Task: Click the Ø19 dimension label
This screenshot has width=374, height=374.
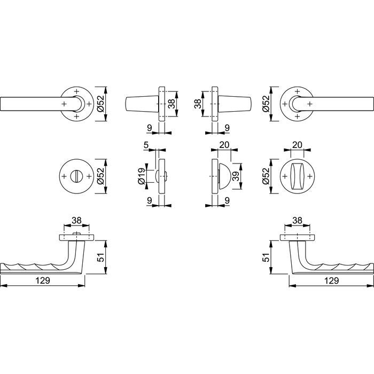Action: [x=141, y=176]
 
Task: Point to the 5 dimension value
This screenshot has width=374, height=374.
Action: [x=146, y=145]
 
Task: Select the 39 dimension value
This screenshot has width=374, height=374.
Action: [x=236, y=176]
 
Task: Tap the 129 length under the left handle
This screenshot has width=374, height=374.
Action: [x=43, y=280]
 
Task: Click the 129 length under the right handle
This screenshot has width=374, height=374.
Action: [x=332, y=280]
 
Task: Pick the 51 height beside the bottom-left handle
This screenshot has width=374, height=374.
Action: [x=101, y=257]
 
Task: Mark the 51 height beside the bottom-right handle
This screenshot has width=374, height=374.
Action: [x=266, y=257]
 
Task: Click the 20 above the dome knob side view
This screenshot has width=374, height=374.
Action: [x=224, y=145]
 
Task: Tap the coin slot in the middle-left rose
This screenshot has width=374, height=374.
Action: [x=76, y=176]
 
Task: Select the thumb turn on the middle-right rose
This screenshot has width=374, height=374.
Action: [x=297, y=176]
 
